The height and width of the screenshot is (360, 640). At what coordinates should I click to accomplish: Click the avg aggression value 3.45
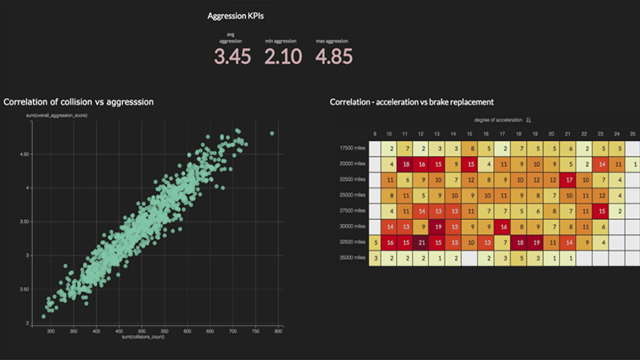233,57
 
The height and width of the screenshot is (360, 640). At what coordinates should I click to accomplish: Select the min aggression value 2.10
283,57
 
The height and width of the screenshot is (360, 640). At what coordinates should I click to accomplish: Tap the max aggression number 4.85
334,57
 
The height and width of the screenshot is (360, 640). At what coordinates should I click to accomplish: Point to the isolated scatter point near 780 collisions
272,133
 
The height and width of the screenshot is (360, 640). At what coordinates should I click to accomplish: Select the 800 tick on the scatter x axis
279,332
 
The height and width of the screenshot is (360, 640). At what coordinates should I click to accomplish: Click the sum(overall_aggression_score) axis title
56,115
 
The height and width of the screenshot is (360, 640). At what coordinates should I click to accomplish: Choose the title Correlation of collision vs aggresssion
78,102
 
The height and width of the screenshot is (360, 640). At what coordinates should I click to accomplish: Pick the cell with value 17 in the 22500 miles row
568,179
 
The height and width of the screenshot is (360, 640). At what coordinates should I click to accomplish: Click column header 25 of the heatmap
633,134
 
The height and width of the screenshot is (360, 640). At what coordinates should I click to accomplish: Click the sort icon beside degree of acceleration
528,120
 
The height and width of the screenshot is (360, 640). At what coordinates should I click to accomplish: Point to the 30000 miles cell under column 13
437,226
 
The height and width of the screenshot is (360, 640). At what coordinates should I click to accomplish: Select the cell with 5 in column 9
375,242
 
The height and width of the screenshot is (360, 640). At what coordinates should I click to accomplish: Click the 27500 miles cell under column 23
601,211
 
